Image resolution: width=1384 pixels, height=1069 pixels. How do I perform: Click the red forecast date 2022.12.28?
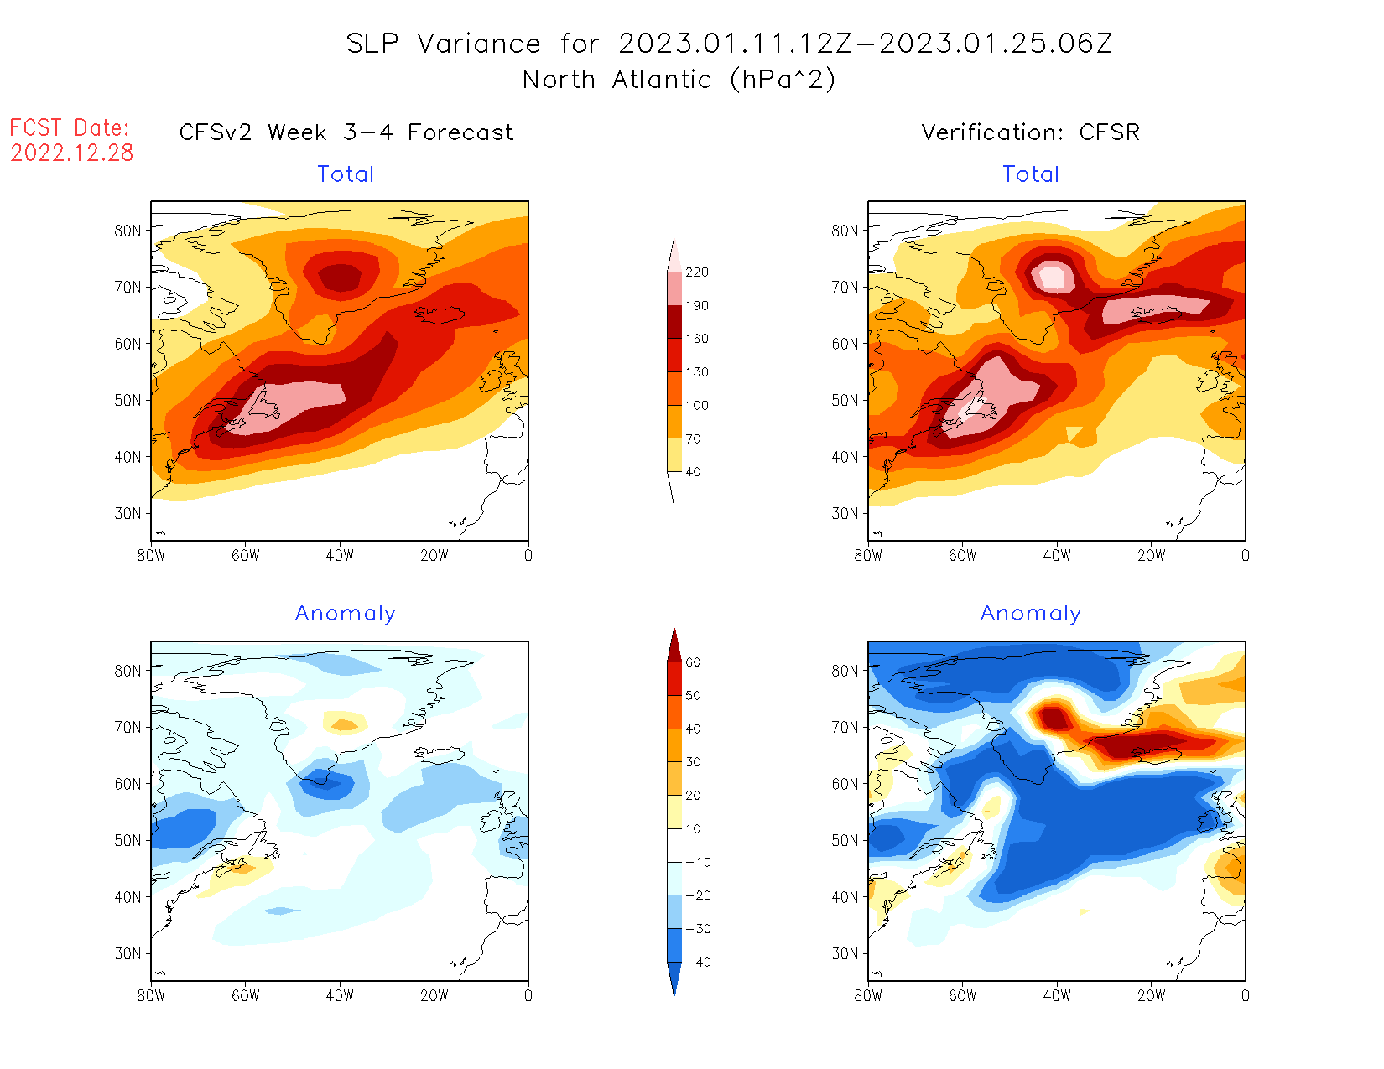click(x=72, y=153)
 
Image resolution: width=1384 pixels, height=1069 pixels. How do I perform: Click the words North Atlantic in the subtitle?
click(x=617, y=80)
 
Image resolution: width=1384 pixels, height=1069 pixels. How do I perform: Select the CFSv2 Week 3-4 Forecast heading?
click(x=346, y=132)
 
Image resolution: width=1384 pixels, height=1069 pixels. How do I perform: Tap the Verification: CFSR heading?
click(x=1030, y=132)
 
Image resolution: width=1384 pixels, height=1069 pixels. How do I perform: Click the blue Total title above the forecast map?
click(x=346, y=174)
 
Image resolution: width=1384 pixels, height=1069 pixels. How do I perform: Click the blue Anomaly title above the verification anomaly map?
click(x=1030, y=614)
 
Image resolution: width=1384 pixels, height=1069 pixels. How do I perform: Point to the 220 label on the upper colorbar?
click(x=696, y=272)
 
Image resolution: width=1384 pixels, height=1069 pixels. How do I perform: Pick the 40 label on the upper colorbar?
click(x=693, y=472)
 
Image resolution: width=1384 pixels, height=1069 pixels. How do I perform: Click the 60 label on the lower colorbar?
click(x=693, y=662)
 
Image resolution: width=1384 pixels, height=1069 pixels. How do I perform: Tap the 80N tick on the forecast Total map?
click(x=127, y=231)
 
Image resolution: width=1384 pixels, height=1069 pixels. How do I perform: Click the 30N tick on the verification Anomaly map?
click(x=845, y=953)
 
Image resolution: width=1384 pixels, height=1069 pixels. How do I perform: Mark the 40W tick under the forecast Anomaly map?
click(x=340, y=996)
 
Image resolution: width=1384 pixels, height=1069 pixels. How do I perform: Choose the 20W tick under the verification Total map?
click(x=1151, y=555)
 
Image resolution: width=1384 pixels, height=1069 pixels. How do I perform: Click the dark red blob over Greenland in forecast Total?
click(x=341, y=277)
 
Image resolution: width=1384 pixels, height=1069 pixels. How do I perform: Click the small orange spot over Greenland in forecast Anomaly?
click(x=343, y=724)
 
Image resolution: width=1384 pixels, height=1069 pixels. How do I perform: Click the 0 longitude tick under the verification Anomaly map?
click(x=1245, y=996)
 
